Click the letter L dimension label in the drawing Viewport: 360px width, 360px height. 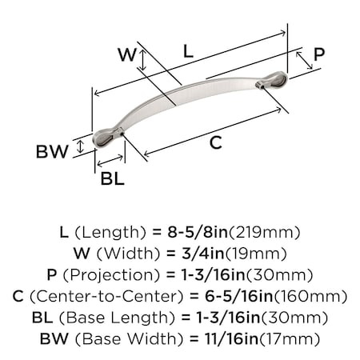click(x=186, y=50)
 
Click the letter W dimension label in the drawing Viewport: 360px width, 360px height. click(x=126, y=56)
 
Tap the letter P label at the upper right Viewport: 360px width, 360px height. click(x=318, y=54)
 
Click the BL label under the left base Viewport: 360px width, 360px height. click(x=112, y=179)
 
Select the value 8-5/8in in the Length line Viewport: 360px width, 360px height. click(x=199, y=233)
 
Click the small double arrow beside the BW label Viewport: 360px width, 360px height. click(x=79, y=146)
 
